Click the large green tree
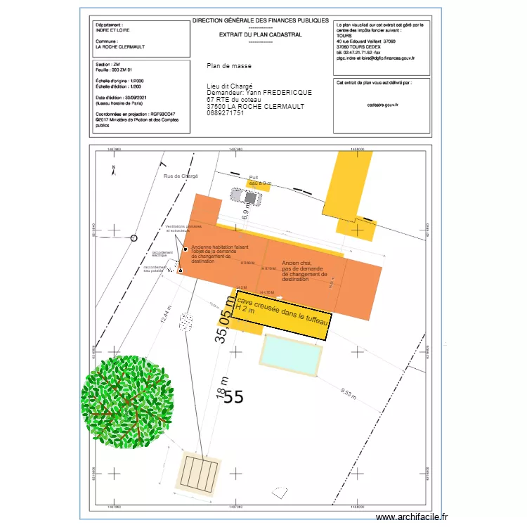pos(127,407)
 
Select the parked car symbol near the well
pos(249,197)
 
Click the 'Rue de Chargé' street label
pos(181,176)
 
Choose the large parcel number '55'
pos(234,397)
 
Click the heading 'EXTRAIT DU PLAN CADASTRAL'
pos(261,34)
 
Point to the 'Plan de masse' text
pos(229,66)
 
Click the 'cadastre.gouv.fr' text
pos(382,104)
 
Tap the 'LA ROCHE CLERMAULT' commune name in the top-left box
pos(120,47)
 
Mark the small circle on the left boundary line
pos(134,238)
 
